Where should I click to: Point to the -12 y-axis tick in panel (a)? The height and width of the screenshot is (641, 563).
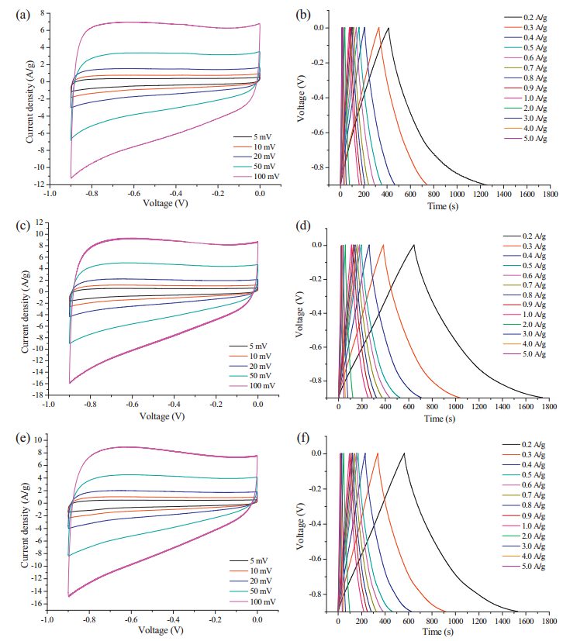coord(36,184)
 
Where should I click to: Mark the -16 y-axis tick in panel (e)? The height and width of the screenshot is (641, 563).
coord(34,603)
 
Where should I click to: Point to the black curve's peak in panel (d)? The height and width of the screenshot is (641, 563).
coord(414,245)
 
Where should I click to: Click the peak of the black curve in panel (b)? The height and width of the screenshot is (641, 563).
coord(389,28)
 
